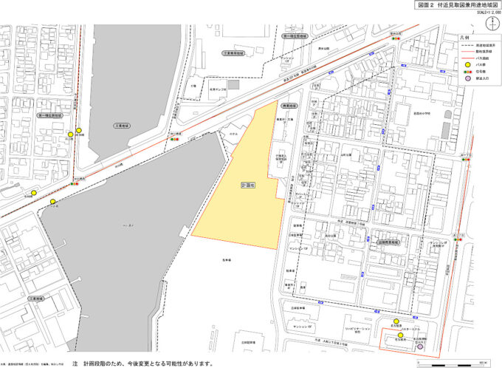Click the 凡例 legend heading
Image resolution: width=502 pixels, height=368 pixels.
tap(464, 35)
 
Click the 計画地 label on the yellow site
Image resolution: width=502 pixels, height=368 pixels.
tap(249, 185)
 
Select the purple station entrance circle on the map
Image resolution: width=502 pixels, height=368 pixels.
tap(420, 345)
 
